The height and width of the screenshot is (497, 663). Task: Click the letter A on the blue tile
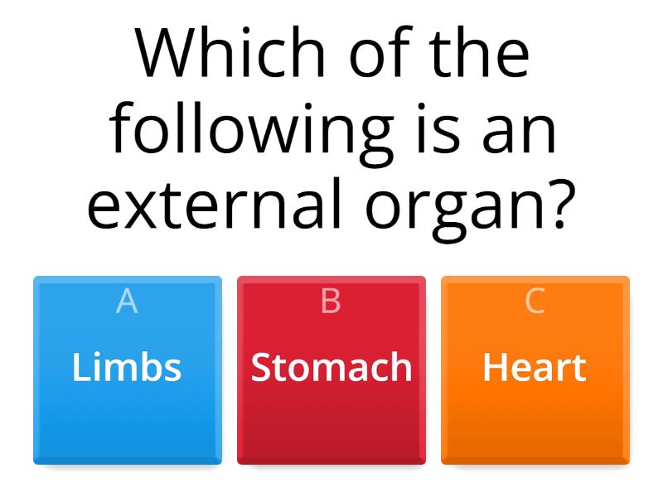point(127,302)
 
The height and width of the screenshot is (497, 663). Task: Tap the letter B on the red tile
point(331,302)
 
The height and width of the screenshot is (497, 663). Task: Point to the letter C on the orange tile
point(535,302)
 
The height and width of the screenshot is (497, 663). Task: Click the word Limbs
point(127,367)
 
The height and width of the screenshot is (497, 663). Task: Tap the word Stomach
point(331,367)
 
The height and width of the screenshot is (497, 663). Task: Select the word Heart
point(535,367)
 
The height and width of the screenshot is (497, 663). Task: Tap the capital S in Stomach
point(261,367)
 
